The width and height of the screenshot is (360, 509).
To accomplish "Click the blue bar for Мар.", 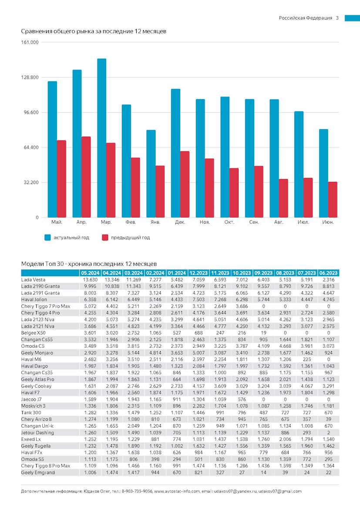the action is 102,138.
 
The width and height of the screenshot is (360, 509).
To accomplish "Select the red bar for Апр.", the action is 86,177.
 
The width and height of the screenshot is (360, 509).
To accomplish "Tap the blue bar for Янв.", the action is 151,174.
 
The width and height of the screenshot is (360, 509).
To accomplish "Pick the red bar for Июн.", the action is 333,200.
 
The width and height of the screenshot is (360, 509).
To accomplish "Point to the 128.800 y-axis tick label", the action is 30,77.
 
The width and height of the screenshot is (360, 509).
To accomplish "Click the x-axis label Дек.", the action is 180,222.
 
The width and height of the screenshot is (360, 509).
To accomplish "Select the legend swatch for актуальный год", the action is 48,238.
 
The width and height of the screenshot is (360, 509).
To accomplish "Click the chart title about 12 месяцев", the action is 94,31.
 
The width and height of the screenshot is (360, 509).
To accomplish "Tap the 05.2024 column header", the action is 90,273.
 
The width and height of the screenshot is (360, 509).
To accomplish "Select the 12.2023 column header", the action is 199,273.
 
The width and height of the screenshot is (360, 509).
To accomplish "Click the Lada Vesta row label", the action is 33,280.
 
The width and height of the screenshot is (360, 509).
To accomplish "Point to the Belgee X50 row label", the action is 33,333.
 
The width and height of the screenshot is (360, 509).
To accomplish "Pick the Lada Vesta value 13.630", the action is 90,280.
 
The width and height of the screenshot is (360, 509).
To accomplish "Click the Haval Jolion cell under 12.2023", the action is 199,300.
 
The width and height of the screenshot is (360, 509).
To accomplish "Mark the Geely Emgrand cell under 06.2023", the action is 329,472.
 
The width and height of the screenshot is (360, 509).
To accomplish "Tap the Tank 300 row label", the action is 31,412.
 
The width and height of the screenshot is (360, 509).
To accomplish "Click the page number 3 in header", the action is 337,18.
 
